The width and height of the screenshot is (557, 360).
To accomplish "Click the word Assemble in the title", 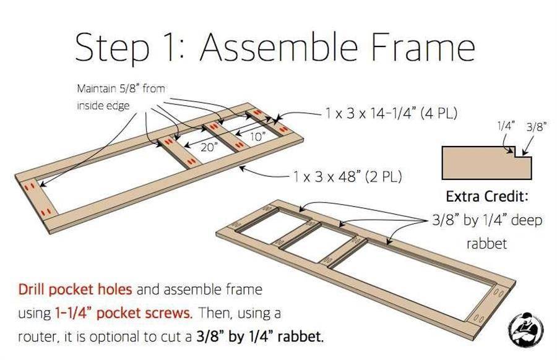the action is click(x=279, y=47).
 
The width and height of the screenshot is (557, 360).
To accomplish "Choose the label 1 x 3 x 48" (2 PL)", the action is click(x=347, y=176).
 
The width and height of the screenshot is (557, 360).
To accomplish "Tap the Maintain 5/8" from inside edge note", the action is click(x=121, y=97).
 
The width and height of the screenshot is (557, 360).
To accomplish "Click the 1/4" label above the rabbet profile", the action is click(x=506, y=126).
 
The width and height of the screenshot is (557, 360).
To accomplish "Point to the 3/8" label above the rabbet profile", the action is click(x=536, y=127).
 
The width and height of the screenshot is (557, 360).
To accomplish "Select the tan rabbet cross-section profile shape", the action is click(x=486, y=163).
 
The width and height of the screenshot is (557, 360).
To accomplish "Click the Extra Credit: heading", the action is click(x=487, y=196).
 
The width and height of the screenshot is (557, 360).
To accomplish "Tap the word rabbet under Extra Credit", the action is click(x=486, y=244).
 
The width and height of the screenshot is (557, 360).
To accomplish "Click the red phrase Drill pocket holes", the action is click(x=75, y=289).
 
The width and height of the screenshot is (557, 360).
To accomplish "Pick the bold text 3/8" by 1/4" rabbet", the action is click(x=260, y=336).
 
